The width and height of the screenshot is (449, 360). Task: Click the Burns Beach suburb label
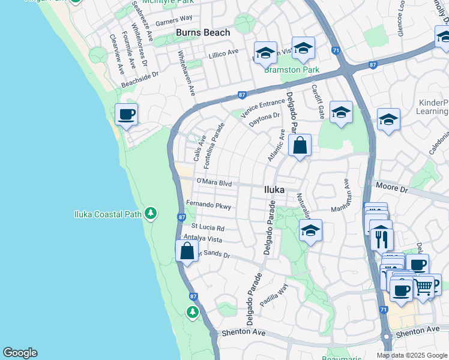[202, 32]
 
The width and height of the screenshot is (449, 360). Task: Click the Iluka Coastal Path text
[107, 214]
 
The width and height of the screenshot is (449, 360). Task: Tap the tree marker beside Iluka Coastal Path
[151, 214]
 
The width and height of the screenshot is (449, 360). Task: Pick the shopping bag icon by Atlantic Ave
[300, 145]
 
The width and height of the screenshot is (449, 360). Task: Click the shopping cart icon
[424, 287]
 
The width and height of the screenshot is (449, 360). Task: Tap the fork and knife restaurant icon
[381, 238]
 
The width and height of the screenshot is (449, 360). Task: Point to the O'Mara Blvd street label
[214, 183]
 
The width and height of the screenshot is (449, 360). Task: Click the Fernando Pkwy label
[208, 205]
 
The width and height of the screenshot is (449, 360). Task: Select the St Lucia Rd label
[208, 228]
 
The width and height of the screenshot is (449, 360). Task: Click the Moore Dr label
[391, 189]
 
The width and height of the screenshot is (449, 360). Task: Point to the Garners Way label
[174, 19]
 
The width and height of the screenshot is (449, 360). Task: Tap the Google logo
[20, 353]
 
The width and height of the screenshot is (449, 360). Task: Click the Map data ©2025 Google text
[411, 355]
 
